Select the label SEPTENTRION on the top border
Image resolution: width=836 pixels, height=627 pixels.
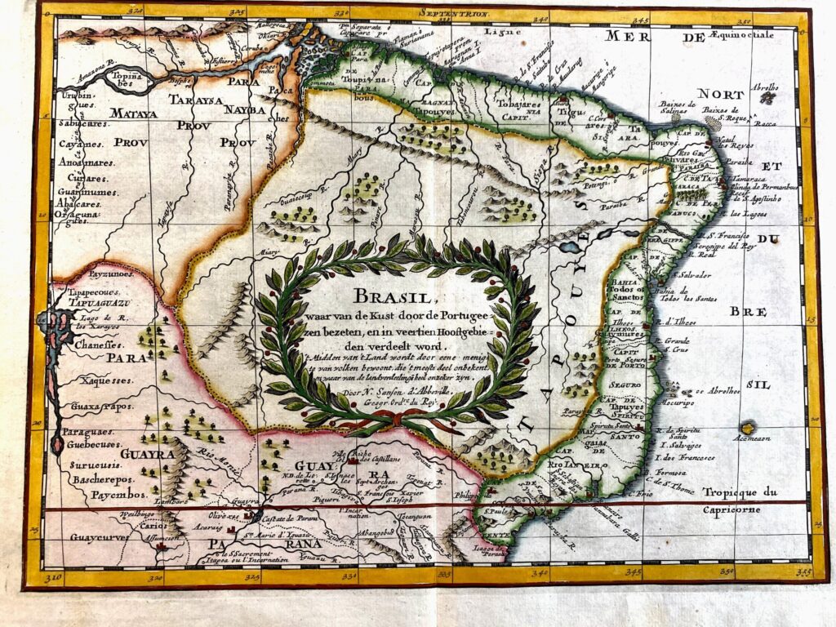tap(454, 14)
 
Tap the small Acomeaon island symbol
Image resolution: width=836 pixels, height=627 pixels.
tap(747, 427)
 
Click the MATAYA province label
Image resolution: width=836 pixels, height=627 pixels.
tap(136, 113)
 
